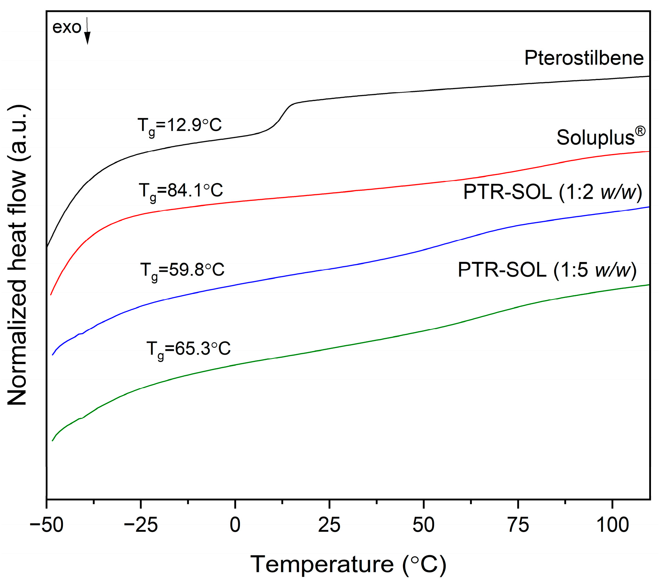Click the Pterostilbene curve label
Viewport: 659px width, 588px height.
click(584, 58)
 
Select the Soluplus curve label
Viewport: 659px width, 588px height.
click(600, 137)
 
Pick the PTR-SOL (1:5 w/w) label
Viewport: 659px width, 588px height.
click(547, 270)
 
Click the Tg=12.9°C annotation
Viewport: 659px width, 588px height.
click(180, 125)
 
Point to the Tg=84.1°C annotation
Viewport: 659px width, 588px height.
click(181, 191)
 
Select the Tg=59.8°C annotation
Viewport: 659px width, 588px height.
click(182, 270)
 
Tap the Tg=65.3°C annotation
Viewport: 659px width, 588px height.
click(188, 349)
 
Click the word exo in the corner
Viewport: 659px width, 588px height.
click(66, 27)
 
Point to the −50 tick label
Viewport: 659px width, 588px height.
click(46, 525)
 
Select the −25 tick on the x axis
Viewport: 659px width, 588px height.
click(141, 525)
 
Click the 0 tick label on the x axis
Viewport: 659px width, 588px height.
click(235, 525)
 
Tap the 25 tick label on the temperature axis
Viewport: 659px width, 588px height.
click(329, 525)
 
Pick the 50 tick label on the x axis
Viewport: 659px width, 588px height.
click(423, 525)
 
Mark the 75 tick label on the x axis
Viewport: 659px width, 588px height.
click(518, 525)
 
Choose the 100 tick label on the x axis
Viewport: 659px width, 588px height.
click(612, 525)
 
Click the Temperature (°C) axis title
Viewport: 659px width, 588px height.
click(348, 564)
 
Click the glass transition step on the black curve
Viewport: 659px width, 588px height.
click(281, 117)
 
